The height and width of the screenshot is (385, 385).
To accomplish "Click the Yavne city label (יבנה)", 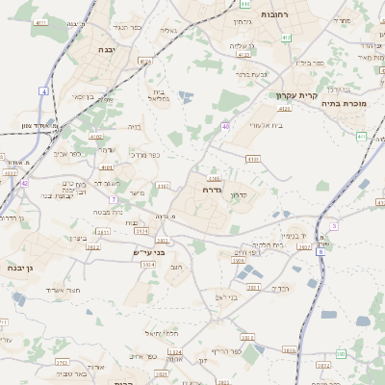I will (107, 48).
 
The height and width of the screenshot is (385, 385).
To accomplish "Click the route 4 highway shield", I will (43, 90).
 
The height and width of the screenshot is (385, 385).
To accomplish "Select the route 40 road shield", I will (225, 126).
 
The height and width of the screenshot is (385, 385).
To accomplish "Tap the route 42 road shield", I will (25, 182).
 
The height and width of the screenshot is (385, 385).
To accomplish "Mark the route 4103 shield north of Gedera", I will (253, 159).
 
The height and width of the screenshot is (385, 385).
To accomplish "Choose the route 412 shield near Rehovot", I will (286, 38).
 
